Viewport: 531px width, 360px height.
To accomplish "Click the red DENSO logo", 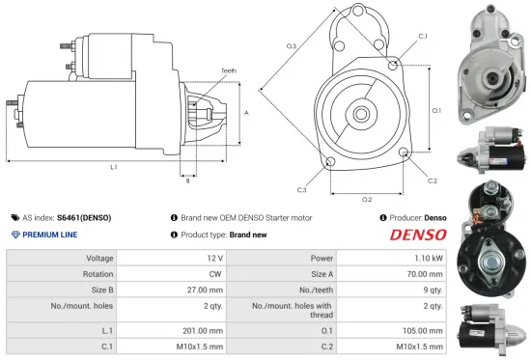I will click(x=418, y=235).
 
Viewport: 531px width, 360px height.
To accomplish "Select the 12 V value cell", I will click(x=214, y=259).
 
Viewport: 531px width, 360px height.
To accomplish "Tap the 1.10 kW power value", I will click(x=431, y=259).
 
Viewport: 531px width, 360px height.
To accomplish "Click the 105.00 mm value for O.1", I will click(x=424, y=330).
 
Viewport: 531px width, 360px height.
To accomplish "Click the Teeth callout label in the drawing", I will click(x=228, y=70).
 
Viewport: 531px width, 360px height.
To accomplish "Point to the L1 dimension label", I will click(x=114, y=167).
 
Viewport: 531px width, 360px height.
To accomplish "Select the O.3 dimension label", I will click(x=291, y=46).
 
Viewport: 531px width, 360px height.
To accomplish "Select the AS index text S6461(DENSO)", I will click(x=83, y=218).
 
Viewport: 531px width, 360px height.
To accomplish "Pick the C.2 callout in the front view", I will click(x=432, y=180).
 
